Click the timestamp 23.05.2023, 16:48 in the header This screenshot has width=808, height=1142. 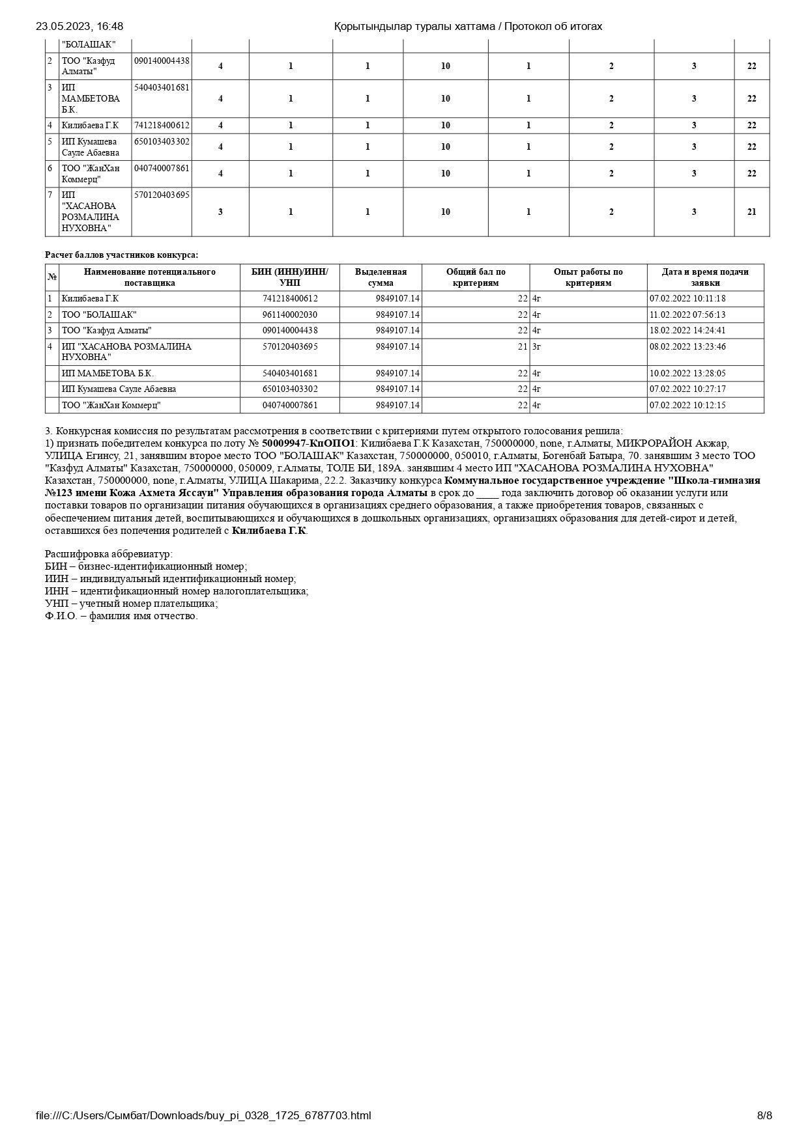point(79,27)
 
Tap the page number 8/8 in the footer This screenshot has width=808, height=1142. point(764,1115)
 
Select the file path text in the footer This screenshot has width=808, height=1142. point(203,1115)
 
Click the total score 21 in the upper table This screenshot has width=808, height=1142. point(751,212)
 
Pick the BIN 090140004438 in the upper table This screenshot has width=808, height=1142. point(162,61)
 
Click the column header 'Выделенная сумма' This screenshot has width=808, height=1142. point(381,277)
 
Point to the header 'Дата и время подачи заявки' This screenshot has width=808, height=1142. point(705,277)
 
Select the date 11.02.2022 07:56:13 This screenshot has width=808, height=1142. point(687,314)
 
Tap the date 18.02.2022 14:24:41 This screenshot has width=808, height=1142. point(687,330)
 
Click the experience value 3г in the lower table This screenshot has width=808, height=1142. point(537,346)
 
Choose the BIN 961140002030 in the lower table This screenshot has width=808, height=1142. point(290,314)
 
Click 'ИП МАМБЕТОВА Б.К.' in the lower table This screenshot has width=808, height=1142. point(108,373)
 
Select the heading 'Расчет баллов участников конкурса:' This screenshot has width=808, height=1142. point(122,255)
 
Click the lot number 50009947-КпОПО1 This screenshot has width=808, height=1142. point(308,443)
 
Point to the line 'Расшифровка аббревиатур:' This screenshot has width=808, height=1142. point(109,554)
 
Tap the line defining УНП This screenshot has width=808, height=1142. point(132,604)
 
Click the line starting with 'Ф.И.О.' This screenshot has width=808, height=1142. point(121,616)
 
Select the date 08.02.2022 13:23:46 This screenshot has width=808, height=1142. point(687,346)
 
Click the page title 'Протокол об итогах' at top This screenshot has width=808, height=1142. point(553,27)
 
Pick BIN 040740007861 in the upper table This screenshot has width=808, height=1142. point(162,168)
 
